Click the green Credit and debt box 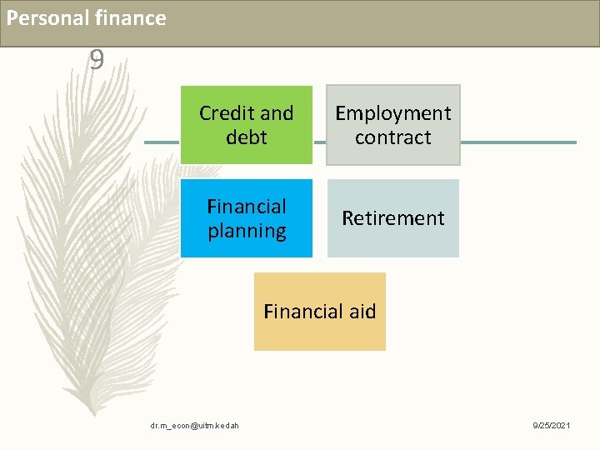coord(247,125)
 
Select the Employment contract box coord(392,125)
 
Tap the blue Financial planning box coord(247,218)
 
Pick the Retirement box coord(392,218)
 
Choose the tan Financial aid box coord(320,312)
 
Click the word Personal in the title coord(45,18)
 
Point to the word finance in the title coord(131,18)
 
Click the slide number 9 coord(97,60)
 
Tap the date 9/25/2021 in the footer coord(552,427)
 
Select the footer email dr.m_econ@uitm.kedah coord(194,427)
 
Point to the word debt coord(247,137)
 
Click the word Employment coord(392,113)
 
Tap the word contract coord(392,137)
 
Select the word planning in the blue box coord(247,231)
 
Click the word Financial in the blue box coord(247,207)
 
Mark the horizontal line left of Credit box coord(162,142)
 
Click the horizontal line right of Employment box coord(517,142)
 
